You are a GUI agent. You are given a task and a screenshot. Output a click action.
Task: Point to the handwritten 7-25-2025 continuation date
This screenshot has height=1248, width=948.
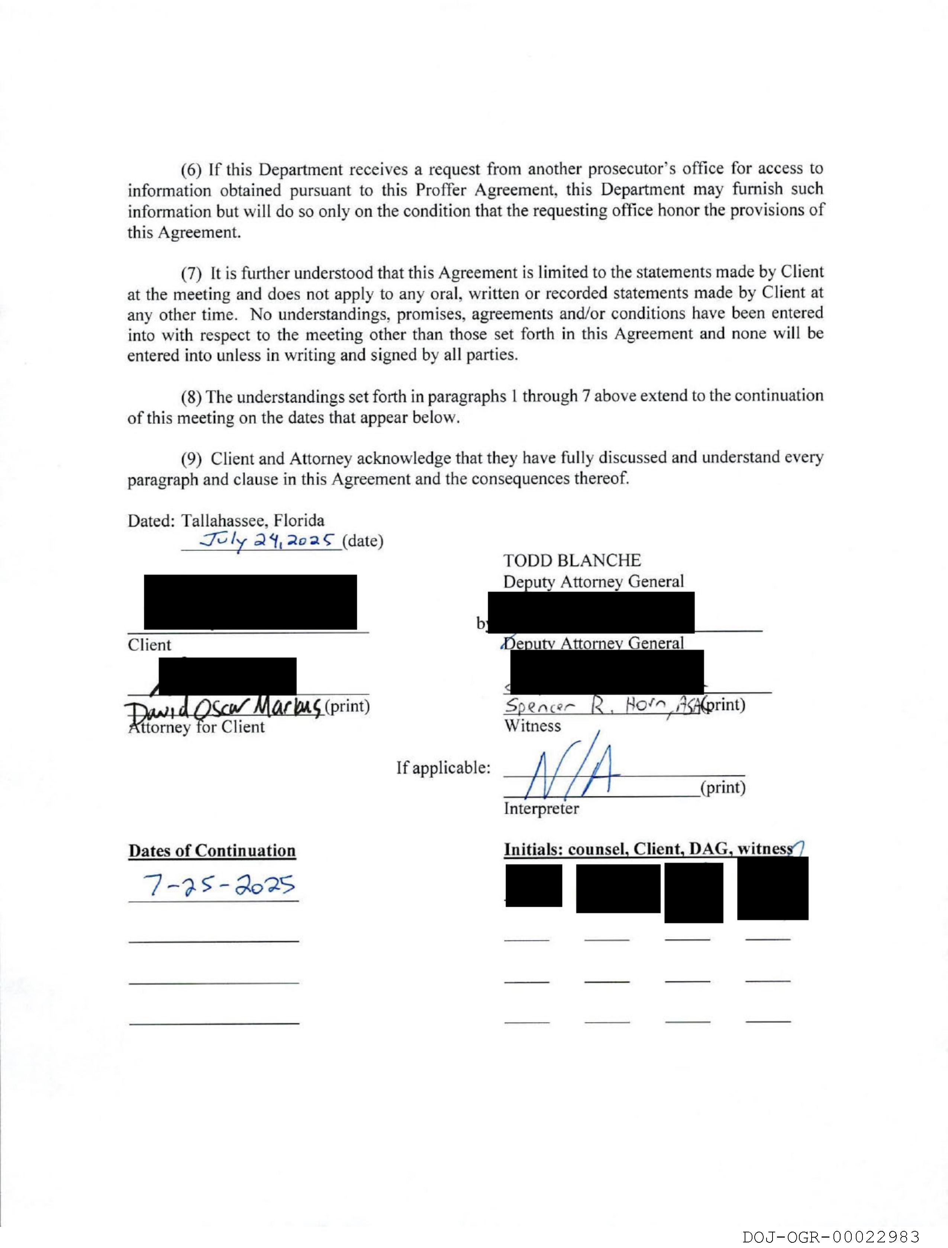[219, 886]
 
